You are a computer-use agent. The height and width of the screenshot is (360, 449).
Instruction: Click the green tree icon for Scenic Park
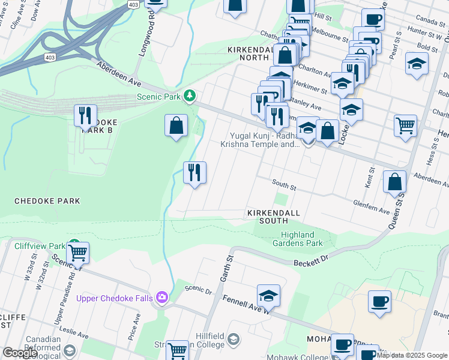190,95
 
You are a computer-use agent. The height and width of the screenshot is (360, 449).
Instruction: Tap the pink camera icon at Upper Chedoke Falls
161,297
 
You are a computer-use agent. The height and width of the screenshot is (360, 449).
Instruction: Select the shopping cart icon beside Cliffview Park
77,252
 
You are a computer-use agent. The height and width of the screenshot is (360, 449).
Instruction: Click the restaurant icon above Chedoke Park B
85,115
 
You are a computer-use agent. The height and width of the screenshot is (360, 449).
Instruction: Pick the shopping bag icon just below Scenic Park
176,126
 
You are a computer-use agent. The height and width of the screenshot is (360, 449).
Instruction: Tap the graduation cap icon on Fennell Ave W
268,295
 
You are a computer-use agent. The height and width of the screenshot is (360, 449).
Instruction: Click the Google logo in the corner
19,353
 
